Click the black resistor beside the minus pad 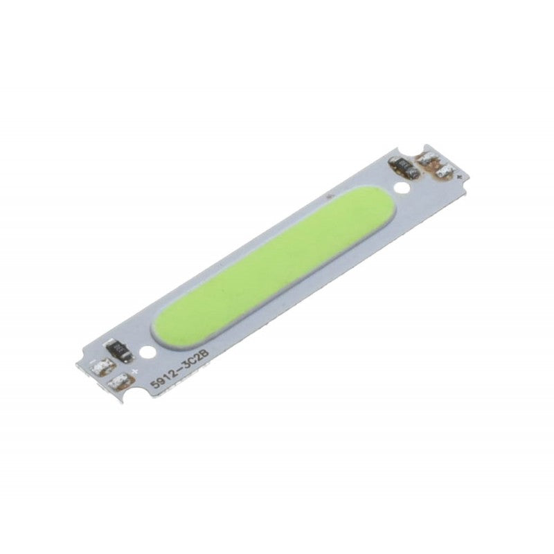119,350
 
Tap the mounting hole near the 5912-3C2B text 147,351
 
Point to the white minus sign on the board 93,363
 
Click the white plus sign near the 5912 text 134,371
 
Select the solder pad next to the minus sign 103,368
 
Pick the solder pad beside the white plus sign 120,382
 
